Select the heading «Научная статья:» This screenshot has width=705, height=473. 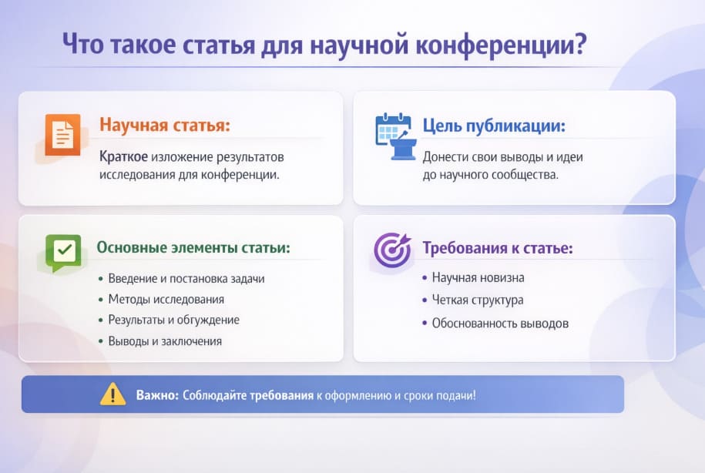tap(164, 125)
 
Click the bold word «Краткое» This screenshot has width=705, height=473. tap(123, 156)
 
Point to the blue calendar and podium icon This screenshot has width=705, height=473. tap(395, 136)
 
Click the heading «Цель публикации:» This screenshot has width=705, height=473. tap(494, 125)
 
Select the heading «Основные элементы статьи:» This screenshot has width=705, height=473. tap(193, 248)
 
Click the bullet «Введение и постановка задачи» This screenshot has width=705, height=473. tap(186, 278)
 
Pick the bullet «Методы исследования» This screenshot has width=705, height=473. tap(166, 299)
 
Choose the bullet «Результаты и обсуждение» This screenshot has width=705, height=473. tap(173, 320)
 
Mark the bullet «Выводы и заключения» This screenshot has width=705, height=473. tap(165, 340)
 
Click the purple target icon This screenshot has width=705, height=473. tap(392, 250)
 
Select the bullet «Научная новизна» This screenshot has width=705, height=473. tap(478, 277)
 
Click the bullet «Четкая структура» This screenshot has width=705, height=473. tap(477, 300)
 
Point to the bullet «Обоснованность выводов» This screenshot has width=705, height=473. tap(499, 323)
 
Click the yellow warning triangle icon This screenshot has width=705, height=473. tap(112, 394)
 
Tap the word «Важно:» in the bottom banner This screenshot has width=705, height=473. tap(157, 395)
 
